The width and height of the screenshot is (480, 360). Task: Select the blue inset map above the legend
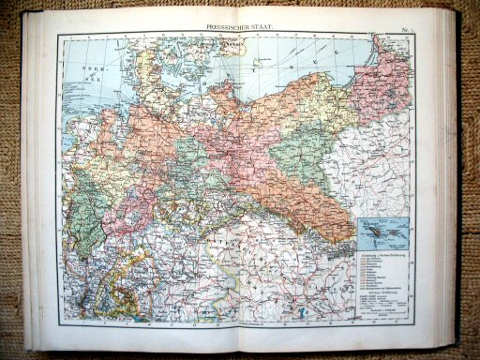383,228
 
